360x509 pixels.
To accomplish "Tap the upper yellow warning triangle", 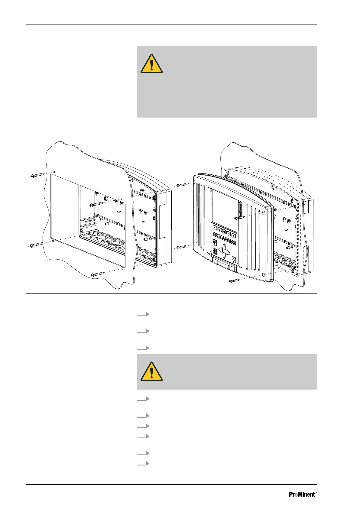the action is [x=151, y=64].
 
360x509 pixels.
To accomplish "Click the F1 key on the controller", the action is [x=215, y=227].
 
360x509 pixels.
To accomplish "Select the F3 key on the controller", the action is [x=224, y=231].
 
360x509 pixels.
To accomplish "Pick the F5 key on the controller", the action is [x=234, y=235].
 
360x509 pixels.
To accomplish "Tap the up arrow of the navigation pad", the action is [x=224, y=247].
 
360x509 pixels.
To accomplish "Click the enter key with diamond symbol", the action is [x=233, y=259].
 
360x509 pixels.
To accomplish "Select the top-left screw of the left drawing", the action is [x=37, y=175].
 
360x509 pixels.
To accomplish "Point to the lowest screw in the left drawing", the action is [x=97, y=274].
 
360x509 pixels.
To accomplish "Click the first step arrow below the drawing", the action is [x=143, y=315].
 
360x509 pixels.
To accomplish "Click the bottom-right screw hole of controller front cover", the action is [x=264, y=274].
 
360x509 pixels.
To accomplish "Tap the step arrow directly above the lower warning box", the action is [x=143, y=348].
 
